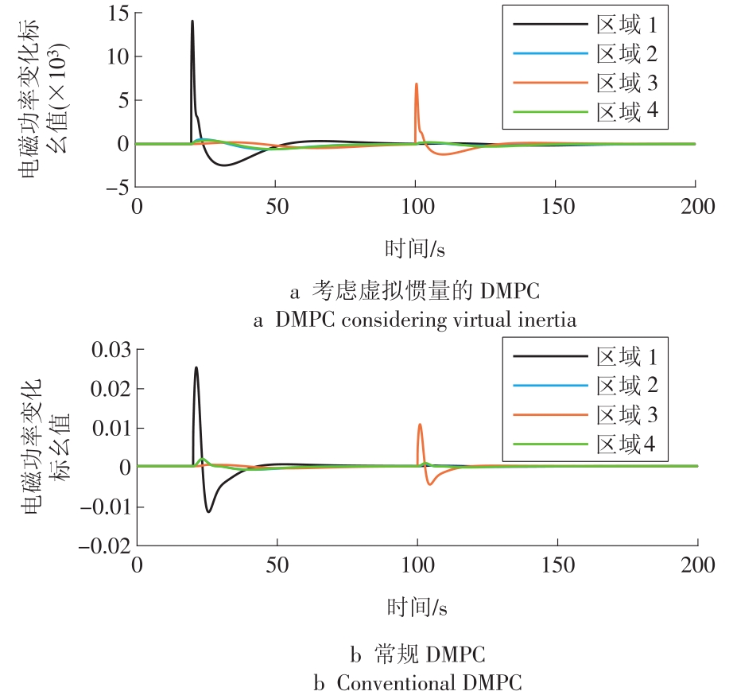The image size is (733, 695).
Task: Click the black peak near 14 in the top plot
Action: pyautogui.click(x=192, y=22)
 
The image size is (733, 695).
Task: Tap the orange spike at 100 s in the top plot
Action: pyautogui.click(x=416, y=83)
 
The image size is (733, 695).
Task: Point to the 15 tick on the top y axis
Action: pyautogui.click(x=117, y=12)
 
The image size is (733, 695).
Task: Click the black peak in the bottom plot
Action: pyautogui.click(x=196, y=368)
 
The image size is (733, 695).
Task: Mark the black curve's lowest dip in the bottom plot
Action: pyautogui.click(x=208, y=511)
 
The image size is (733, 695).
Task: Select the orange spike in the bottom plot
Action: pyautogui.click(x=420, y=425)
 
